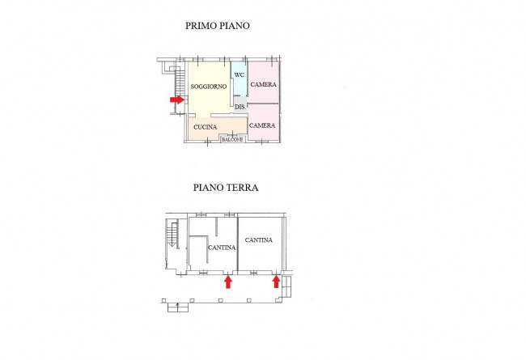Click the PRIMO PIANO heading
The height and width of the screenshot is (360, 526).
218,26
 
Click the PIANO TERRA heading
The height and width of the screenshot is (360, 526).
226,187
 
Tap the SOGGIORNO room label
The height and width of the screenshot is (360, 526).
208,87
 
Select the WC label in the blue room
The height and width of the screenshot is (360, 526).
240,75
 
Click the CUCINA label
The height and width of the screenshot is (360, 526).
205,128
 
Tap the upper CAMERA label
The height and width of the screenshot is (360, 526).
263,85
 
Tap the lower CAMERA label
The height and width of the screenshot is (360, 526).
262,125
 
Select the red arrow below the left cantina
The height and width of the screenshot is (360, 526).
228,281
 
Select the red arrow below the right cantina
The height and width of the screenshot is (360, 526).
277,281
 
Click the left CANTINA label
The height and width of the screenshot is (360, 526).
221,247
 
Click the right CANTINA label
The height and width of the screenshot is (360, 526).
259,240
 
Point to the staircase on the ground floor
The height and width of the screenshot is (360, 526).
172,235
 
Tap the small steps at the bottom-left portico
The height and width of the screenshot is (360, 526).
176,306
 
